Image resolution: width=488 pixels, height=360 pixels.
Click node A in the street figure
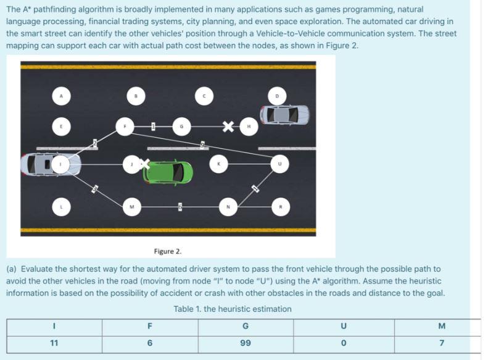61,96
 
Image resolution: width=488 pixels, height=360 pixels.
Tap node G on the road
181,127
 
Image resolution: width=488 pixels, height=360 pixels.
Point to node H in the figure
248,127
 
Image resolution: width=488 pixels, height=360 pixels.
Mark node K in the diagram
218,164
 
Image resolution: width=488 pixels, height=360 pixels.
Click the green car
168,172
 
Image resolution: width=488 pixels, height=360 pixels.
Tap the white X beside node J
144,164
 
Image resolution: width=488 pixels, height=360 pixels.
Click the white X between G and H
228,127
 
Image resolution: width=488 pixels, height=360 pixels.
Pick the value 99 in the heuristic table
246,342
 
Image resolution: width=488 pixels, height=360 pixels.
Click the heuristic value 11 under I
54,342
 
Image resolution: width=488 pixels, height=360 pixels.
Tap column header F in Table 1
149,325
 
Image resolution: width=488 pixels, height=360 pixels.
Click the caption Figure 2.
168,251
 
